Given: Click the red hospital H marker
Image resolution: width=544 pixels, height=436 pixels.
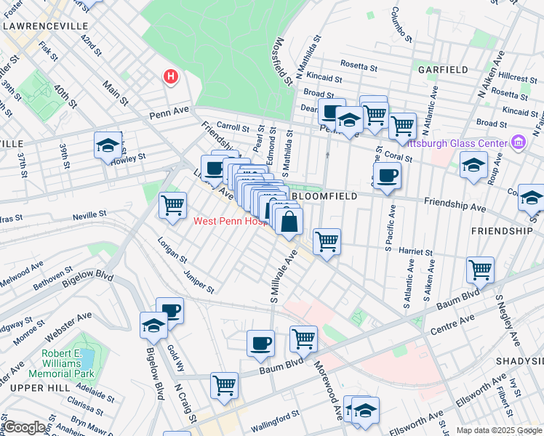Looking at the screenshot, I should coord(170,76).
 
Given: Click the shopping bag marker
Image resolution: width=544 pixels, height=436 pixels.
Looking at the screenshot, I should coord(289,222).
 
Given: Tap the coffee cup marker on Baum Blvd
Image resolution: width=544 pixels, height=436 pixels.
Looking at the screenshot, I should coord(260,344).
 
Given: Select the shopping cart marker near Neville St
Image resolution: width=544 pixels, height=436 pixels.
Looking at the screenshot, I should coord(172,206).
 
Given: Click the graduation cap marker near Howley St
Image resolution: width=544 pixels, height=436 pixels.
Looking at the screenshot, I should coord(108,145).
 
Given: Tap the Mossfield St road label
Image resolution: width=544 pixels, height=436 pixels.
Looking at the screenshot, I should coord(281,60).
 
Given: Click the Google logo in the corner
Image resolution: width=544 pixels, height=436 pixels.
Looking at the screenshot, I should coord(24,427).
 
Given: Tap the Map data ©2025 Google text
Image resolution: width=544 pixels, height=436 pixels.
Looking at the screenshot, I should coord(499,431).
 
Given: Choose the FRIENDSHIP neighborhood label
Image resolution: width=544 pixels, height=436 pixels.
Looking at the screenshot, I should coord(501,230).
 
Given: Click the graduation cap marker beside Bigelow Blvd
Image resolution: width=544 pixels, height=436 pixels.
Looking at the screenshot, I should coord(153,326).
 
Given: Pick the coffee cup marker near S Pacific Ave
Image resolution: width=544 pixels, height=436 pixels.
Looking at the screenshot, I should coord(387,176).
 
